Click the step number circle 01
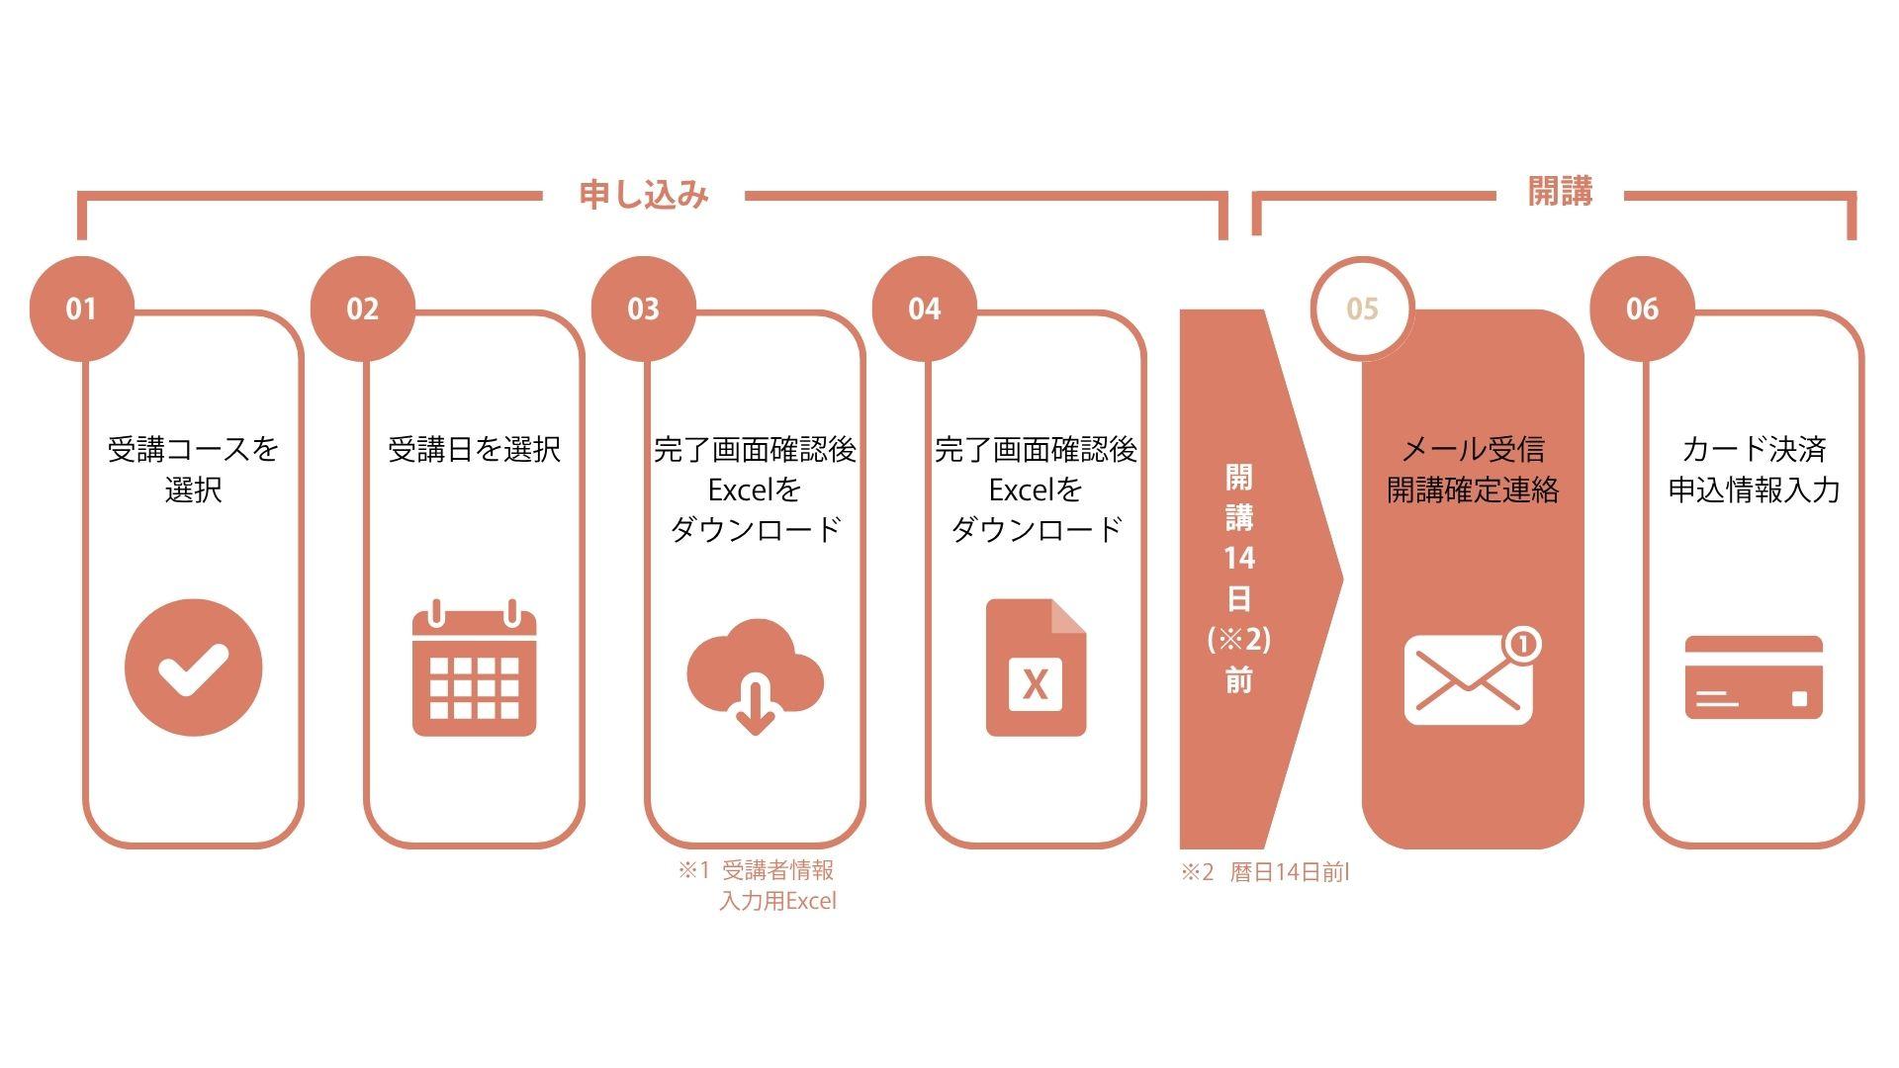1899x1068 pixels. tap(81, 309)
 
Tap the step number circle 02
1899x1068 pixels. tap(362, 309)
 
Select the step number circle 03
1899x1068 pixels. tap(643, 309)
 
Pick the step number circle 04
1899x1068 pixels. tap(924, 309)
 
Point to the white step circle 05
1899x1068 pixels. tap(1362, 309)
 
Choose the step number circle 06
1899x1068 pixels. tap(1642, 309)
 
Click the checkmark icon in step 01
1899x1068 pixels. tap(194, 667)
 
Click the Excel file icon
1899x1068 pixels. tap(1036, 667)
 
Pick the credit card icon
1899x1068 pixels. tap(1754, 676)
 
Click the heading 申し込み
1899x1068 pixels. tap(644, 194)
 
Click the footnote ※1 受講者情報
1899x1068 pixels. tap(757, 871)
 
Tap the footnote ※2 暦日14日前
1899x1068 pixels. tap(1265, 872)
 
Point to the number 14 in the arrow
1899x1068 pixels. tap(1239, 558)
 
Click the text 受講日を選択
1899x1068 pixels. tap(474, 450)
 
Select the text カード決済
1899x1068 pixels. tap(1754, 450)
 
